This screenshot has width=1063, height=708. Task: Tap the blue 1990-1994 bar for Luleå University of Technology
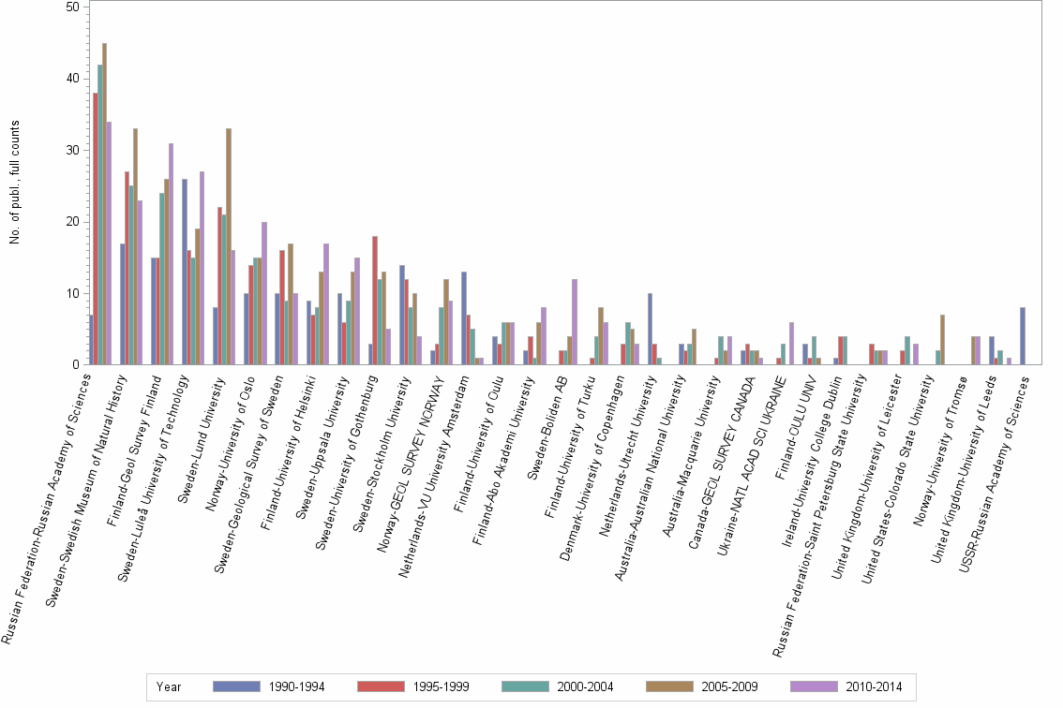pyautogui.click(x=185, y=272)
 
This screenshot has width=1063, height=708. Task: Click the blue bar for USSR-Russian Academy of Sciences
pyautogui.click(x=1023, y=336)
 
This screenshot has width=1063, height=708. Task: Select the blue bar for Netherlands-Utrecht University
pyautogui.click(x=650, y=329)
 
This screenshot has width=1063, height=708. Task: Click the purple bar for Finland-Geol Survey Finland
pyautogui.click(x=171, y=254)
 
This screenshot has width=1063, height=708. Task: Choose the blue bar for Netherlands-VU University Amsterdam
pyautogui.click(x=464, y=318)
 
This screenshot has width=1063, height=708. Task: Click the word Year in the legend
pyautogui.click(x=169, y=686)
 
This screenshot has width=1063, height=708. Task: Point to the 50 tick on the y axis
pyautogui.click(x=71, y=7)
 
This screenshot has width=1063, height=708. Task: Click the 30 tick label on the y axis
pyautogui.click(x=71, y=150)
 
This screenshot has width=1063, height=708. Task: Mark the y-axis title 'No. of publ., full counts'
pyautogui.click(x=15, y=183)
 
